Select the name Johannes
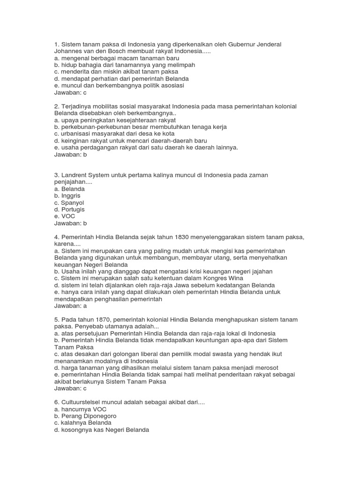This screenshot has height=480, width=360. coord(69,51)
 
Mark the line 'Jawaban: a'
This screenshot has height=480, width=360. coord(71,306)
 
